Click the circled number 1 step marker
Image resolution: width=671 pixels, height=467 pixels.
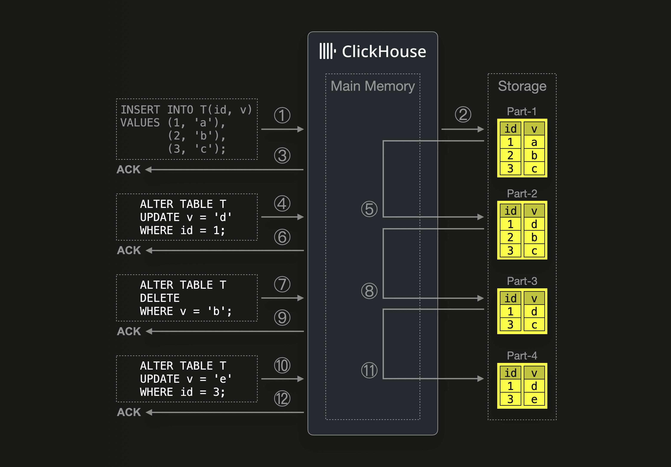(282, 115)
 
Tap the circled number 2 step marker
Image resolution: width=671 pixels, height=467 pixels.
(463, 114)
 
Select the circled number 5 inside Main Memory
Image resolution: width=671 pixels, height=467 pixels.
(369, 209)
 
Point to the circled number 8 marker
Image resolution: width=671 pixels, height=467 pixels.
(369, 291)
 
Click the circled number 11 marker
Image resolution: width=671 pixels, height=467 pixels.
(369, 370)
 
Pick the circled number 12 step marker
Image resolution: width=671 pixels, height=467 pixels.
(282, 399)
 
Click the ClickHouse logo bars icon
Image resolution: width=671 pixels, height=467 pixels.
(327, 51)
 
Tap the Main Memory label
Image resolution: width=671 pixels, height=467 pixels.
(373, 86)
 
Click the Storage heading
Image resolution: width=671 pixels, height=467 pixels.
(522, 86)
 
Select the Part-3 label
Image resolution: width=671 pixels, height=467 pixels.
(522, 281)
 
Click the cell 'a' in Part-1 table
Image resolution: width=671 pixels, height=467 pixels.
(534, 142)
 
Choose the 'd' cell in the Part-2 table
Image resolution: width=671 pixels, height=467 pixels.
(534, 224)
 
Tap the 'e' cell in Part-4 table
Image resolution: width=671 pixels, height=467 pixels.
(534, 399)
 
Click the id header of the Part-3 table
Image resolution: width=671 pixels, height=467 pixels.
(510, 298)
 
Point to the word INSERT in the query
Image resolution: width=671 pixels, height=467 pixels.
(140, 110)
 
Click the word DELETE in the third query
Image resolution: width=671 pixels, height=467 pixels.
(160, 298)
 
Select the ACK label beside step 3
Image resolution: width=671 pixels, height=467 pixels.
(129, 169)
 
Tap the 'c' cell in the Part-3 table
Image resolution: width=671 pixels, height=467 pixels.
(534, 325)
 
